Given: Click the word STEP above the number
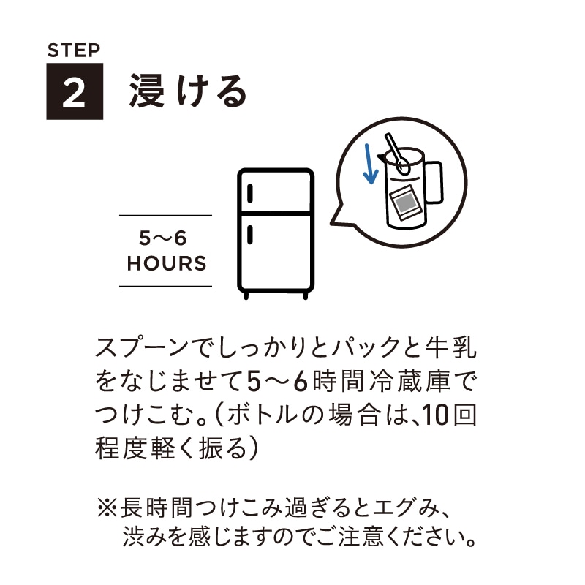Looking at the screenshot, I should [x=73, y=51].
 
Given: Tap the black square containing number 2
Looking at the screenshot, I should [x=75, y=92].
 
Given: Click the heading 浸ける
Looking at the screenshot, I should [x=188, y=92].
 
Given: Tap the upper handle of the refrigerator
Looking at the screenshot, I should [x=251, y=195].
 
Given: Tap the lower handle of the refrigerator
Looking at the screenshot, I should [x=251, y=235].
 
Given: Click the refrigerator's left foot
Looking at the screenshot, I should [x=246, y=295].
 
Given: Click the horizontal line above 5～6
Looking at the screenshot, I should [x=165, y=216].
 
